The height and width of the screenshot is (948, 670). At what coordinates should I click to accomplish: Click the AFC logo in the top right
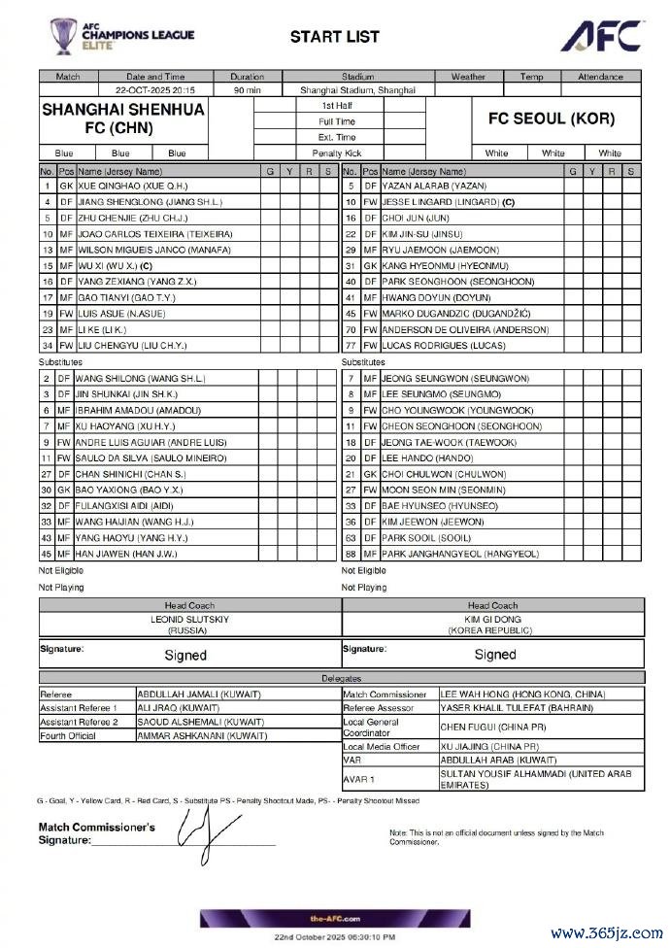(601, 35)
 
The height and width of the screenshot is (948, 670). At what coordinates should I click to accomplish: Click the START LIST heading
(334, 37)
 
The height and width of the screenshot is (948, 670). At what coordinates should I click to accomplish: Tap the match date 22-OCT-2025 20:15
(155, 90)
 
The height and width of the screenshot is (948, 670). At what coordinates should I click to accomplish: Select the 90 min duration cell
(247, 90)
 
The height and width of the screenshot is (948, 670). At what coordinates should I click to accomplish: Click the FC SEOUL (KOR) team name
(557, 119)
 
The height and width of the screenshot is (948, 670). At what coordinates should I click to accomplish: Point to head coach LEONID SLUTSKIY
(189, 618)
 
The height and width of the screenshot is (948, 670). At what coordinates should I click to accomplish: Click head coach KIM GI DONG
(492, 618)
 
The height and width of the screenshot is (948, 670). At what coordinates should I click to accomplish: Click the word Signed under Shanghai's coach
(184, 655)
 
